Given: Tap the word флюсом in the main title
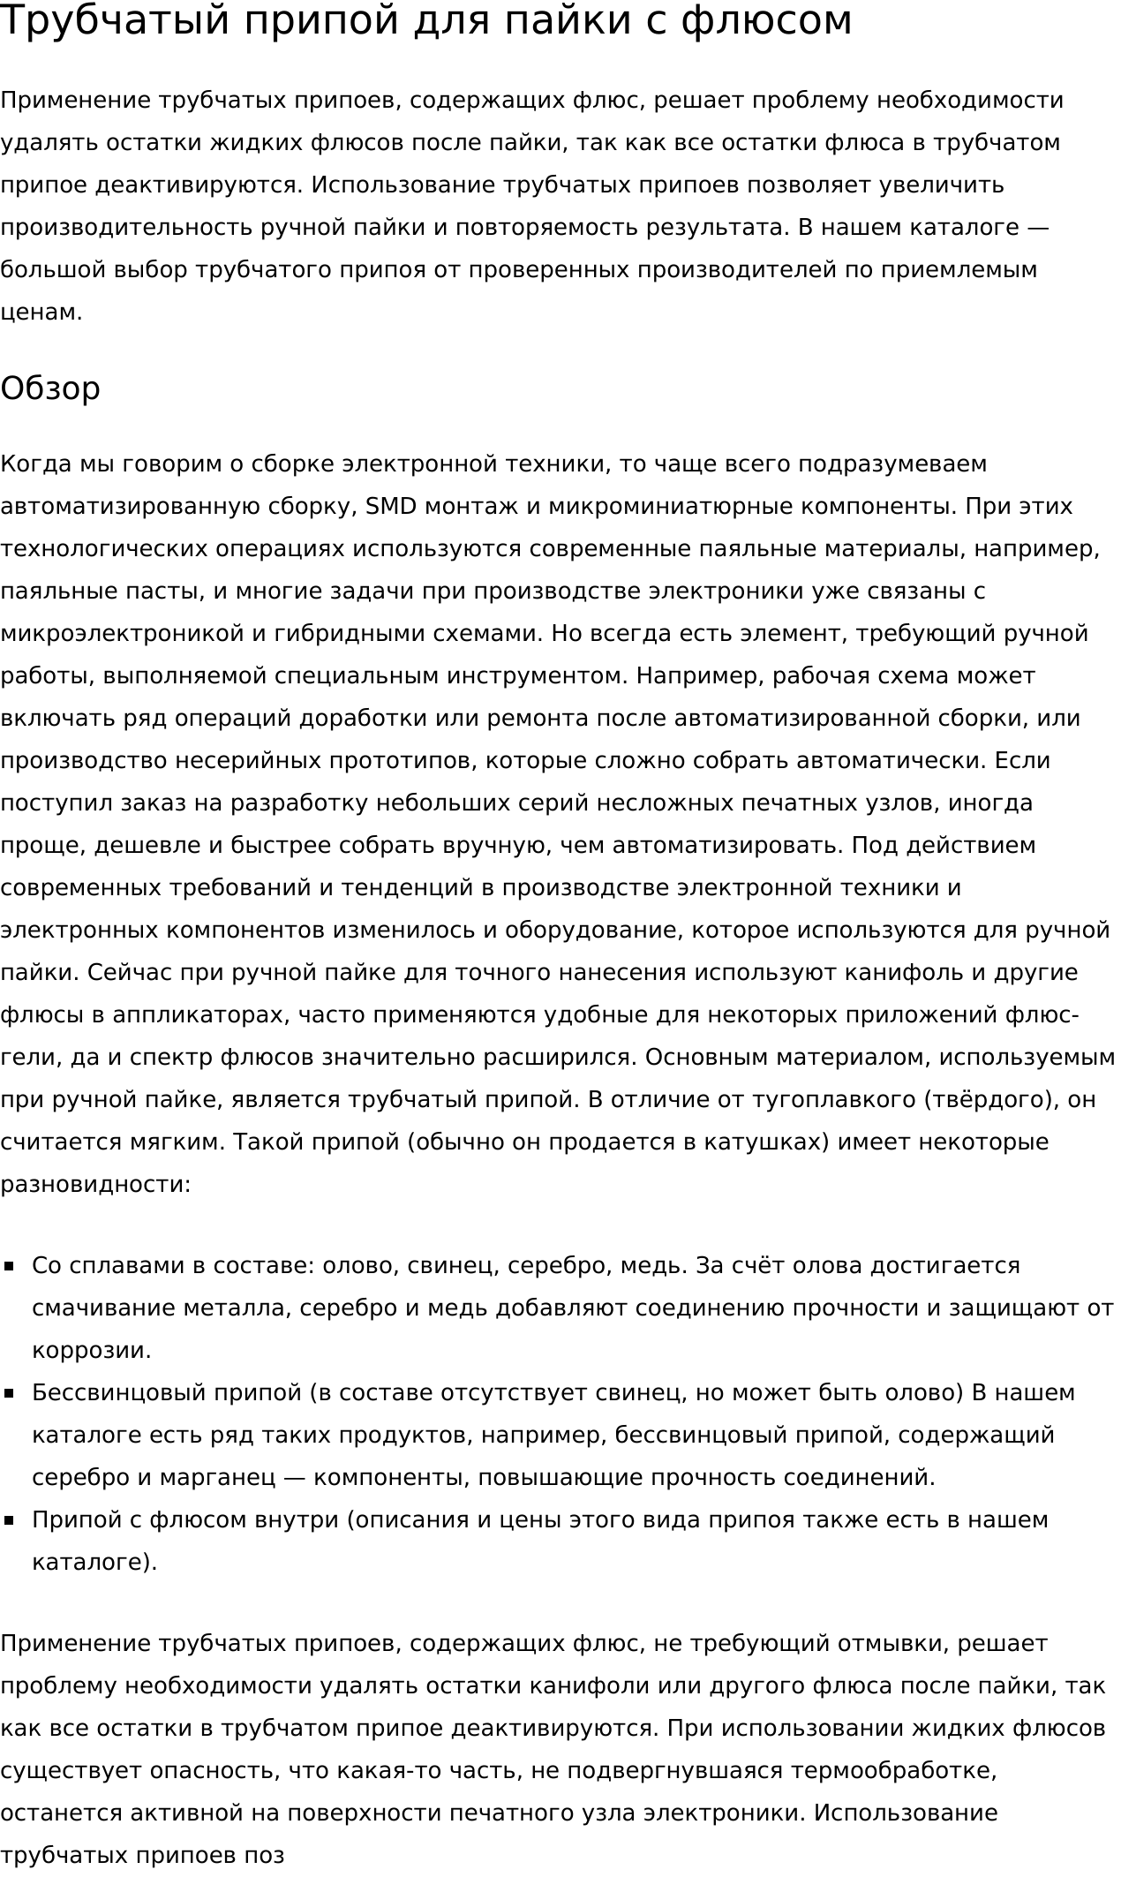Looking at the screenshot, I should click(x=765, y=21).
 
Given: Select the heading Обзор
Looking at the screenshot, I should click(x=50, y=388).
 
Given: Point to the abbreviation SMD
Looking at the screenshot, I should click(x=390, y=507).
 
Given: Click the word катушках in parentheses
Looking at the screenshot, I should click(x=764, y=1142).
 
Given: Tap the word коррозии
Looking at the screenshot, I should click(x=91, y=1351).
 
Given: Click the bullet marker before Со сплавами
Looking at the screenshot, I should click(x=10, y=1266).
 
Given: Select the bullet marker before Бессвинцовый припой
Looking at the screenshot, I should click(x=10, y=1393).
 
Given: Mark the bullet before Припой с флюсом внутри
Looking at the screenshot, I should click(x=10, y=1520).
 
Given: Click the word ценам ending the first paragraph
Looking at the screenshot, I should click(x=40, y=313).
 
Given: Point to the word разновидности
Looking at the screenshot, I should click(x=94, y=1185).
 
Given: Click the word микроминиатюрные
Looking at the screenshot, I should click(x=671, y=507).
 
